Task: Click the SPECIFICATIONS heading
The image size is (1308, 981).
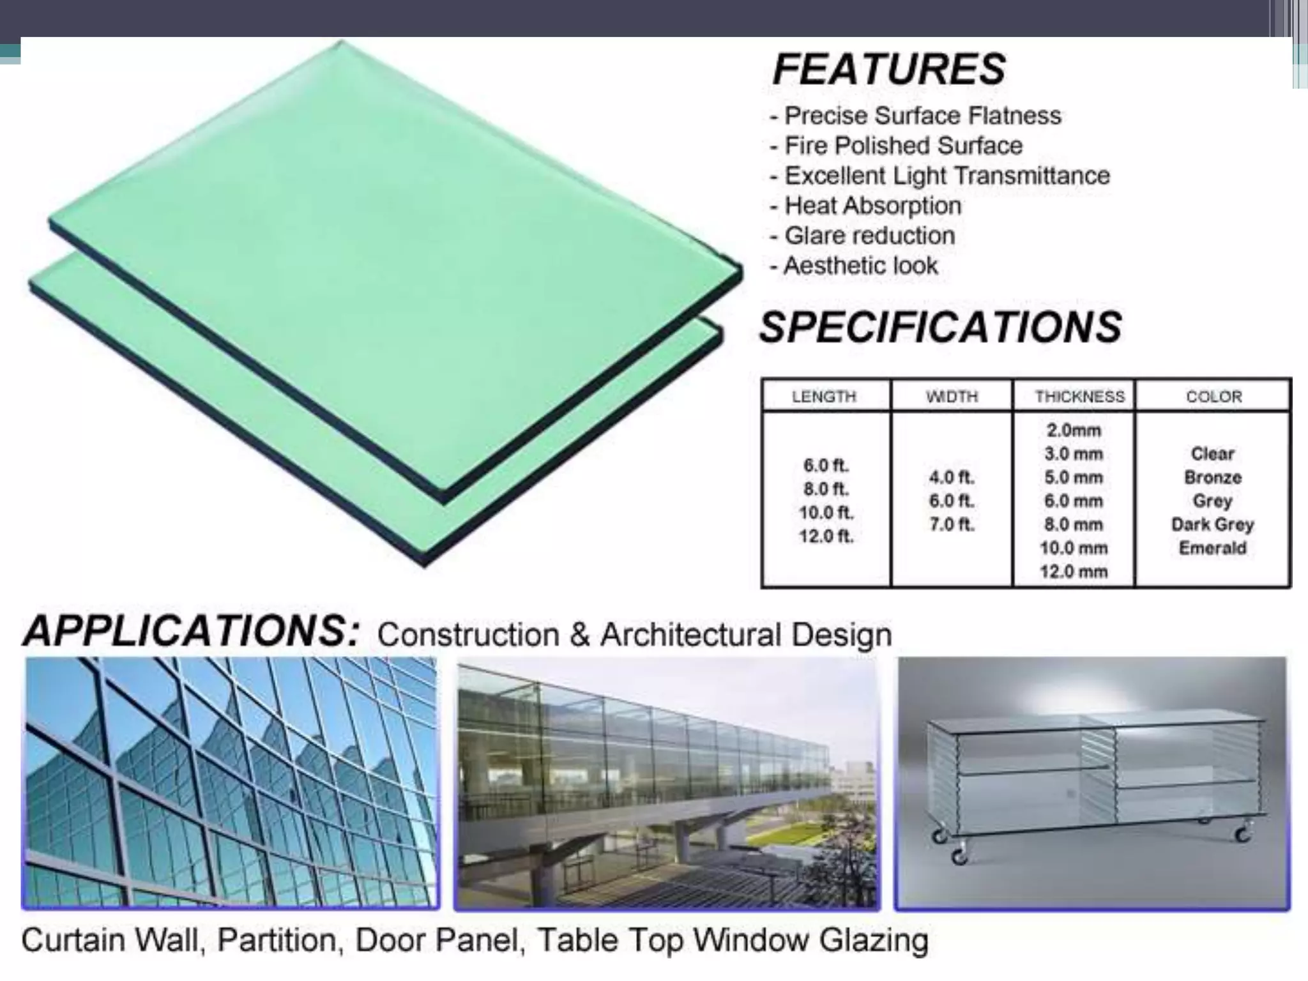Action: (x=939, y=327)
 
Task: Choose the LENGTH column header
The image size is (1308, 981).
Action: (x=824, y=397)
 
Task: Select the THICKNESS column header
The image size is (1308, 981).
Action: (x=1079, y=397)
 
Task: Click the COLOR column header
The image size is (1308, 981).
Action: (x=1213, y=397)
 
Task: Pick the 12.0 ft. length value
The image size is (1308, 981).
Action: (x=826, y=536)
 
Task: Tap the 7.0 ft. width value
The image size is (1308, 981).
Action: (x=952, y=525)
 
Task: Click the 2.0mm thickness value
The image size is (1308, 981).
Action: (x=1074, y=430)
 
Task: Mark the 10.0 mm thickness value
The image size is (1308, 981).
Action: (x=1074, y=548)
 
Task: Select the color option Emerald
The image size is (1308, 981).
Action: (x=1212, y=548)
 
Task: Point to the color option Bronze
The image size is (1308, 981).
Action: (x=1212, y=478)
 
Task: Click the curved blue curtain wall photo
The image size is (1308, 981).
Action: (x=231, y=783)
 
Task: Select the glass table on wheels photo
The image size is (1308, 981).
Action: (x=1092, y=783)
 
